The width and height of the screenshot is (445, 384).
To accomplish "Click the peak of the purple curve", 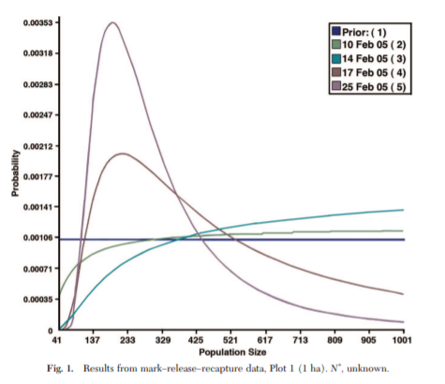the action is pyautogui.click(x=112, y=22).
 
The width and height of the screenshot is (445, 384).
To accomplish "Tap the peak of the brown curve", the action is pyautogui.click(x=123, y=154).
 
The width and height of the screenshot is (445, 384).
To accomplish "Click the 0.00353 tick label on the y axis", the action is pyautogui.click(x=37, y=22).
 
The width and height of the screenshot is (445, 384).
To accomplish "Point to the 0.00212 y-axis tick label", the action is pyautogui.click(x=37, y=146).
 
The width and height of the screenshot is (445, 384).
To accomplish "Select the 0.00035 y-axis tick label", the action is pyautogui.click(x=37, y=300).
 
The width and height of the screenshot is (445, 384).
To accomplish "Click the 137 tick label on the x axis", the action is pyautogui.click(x=93, y=340).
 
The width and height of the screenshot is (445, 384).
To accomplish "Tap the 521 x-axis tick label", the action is pyautogui.click(x=230, y=340).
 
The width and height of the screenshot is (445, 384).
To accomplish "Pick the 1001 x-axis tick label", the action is pyautogui.click(x=402, y=340).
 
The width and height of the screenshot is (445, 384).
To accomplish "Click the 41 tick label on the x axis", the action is pyautogui.click(x=56, y=340).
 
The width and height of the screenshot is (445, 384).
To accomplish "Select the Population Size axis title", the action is pyautogui.click(x=232, y=352).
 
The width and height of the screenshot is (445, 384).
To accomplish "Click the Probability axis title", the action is pyautogui.click(x=15, y=173).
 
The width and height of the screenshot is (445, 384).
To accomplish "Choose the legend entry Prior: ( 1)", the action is pyautogui.click(x=360, y=32).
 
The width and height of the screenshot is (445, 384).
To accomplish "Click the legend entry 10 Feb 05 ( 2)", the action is pyautogui.click(x=369, y=45).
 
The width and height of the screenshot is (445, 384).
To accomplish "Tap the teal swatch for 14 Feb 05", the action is pyautogui.click(x=336, y=58).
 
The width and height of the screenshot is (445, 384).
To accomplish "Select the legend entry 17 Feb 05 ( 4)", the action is pyautogui.click(x=369, y=73).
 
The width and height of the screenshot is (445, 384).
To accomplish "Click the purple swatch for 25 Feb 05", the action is pyautogui.click(x=336, y=86).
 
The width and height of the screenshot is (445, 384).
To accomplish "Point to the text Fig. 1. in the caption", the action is pyautogui.click(x=60, y=369).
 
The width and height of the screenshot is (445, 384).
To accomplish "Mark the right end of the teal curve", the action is pyautogui.click(x=404, y=210).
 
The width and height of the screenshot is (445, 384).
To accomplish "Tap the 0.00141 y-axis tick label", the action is pyautogui.click(x=37, y=207).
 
